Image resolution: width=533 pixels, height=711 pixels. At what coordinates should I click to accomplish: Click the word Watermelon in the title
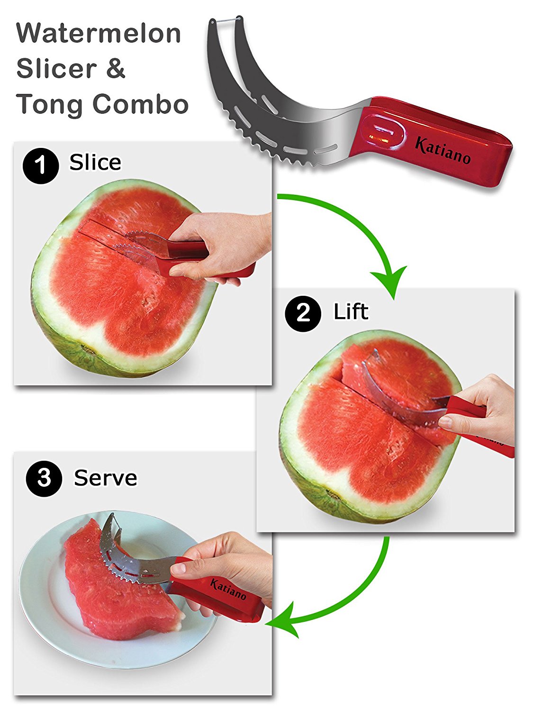click(99, 33)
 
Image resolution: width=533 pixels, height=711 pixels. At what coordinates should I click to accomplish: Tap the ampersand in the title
click(115, 68)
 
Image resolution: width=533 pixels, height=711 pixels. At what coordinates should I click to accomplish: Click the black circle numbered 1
click(40, 166)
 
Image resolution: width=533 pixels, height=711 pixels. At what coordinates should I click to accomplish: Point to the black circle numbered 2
click(303, 313)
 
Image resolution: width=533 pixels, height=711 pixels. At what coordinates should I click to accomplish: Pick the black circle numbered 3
click(44, 478)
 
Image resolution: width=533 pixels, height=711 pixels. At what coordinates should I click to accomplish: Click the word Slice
click(95, 162)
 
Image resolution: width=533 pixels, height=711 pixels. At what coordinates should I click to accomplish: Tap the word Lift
click(351, 311)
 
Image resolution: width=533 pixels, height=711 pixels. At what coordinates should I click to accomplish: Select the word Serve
click(106, 478)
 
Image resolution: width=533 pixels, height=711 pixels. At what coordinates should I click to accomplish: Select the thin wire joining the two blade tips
click(226, 20)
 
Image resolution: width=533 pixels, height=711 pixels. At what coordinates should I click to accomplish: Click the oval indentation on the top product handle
click(383, 132)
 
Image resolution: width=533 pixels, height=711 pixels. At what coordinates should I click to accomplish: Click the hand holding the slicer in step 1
click(220, 248)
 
